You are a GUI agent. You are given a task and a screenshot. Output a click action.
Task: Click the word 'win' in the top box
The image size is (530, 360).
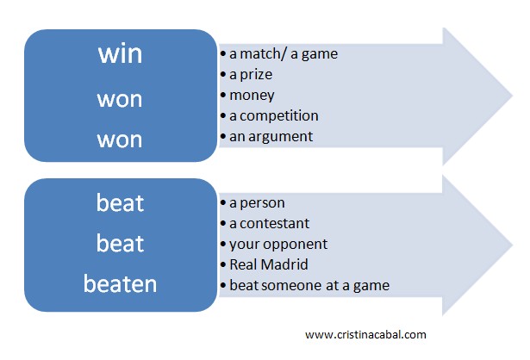[x=121, y=54]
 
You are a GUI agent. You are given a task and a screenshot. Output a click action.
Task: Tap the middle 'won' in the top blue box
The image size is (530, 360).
[x=120, y=100]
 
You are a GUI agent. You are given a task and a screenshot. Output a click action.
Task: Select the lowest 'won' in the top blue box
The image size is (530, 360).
[x=120, y=140]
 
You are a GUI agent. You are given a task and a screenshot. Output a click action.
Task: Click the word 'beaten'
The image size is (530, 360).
[x=121, y=283]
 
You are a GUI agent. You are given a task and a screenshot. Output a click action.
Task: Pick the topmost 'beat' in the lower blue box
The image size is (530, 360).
[x=121, y=202]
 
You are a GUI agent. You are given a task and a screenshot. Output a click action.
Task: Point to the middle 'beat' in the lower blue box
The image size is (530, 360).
[x=121, y=243]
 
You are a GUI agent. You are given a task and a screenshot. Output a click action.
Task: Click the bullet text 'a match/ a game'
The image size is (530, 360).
[x=284, y=54]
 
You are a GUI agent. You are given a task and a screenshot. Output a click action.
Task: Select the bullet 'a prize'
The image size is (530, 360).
[x=251, y=75]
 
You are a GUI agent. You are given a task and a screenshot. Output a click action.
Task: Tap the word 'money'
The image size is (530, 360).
[x=252, y=96]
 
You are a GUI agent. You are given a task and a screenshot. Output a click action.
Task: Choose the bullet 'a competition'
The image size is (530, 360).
[x=274, y=116]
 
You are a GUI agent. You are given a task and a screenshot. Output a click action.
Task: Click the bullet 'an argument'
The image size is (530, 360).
[x=271, y=137]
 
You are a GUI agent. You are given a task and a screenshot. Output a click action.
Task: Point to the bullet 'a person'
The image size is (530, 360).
[x=257, y=203]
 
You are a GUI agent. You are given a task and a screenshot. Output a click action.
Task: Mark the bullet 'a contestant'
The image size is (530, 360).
[x=269, y=224]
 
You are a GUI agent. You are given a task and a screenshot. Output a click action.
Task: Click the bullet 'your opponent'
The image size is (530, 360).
[x=278, y=245]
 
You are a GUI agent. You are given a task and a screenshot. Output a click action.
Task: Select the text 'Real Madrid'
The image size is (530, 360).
[x=269, y=264]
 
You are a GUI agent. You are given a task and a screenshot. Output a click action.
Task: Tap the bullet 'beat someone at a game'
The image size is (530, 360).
[x=309, y=286]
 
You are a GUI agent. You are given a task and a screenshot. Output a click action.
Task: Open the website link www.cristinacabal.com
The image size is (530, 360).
[x=365, y=335]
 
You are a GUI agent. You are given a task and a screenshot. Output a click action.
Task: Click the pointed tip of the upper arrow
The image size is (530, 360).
[x=513, y=96]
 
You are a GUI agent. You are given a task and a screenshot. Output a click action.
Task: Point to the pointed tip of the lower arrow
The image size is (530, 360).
[x=513, y=245]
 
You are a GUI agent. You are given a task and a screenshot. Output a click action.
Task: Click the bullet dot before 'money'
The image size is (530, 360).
[x=222, y=96]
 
